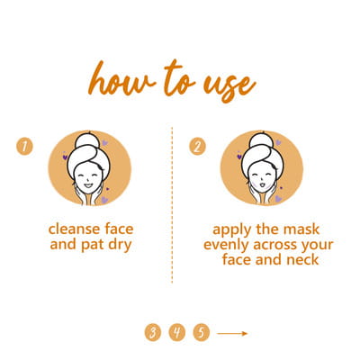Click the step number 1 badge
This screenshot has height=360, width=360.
[24, 146]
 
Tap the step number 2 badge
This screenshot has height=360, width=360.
[197, 147]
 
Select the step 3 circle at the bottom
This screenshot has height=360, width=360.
[153, 332]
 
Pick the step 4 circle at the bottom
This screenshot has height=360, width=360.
[177, 332]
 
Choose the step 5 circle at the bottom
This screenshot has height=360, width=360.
[202, 332]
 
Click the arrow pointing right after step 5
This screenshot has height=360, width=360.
[232, 333]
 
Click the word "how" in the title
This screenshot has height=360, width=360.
[121, 78]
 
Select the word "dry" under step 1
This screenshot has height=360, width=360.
[120, 246]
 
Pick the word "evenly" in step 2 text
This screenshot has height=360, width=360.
[227, 246]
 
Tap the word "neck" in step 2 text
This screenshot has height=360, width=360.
[302, 259]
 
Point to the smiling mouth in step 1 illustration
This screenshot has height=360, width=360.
[88, 185]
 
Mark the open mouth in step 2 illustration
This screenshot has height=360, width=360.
[263, 184]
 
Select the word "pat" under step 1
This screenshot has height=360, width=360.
[93, 246]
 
